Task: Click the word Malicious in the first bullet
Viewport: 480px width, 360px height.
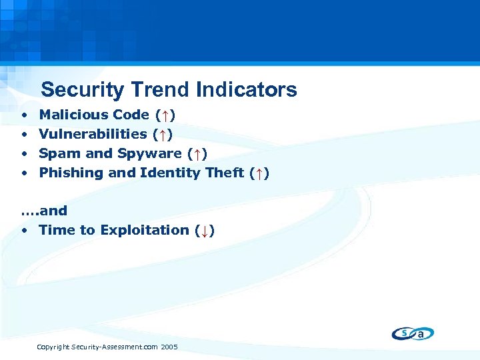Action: pos(73,115)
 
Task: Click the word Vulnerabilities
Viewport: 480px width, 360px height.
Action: pos(93,135)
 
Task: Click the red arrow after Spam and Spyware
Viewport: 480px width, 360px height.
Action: pos(197,154)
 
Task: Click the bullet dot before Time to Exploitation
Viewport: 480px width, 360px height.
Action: pos(23,231)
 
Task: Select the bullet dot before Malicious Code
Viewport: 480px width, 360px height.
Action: pos(23,115)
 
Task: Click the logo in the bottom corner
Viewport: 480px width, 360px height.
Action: pos(413,333)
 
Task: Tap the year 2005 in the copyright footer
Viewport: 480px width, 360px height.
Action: pos(169,347)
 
